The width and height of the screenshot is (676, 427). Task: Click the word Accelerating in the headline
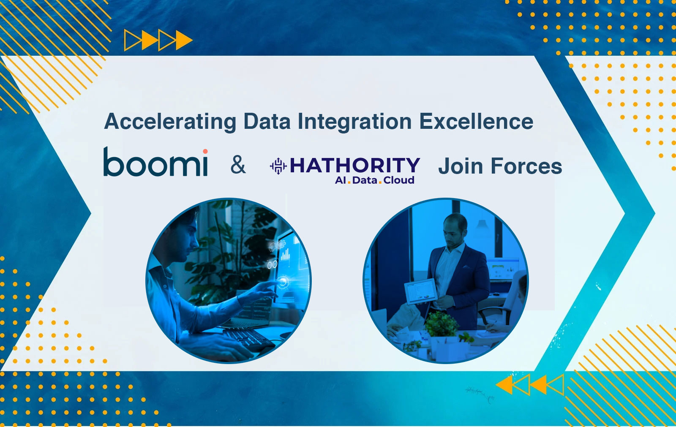click(170, 122)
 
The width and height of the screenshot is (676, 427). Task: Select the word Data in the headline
click(267, 121)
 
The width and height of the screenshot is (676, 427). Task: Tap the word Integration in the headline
click(354, 122)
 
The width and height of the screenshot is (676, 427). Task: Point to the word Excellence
click(476, 121)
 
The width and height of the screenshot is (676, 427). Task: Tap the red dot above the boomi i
click(205, 151)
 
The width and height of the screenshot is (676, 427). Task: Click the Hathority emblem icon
click(278, 166)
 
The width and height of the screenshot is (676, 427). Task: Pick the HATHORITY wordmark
click(355, 166)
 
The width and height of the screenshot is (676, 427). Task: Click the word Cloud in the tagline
click(399, 180)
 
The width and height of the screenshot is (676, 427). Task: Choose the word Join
click(461, 166)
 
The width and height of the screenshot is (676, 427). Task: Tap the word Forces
click(526, 166)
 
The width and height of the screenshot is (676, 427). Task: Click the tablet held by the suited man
click(420, 291)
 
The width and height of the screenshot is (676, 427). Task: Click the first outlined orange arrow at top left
click(132, 40)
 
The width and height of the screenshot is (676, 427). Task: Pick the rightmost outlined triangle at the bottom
click(555, 385)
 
